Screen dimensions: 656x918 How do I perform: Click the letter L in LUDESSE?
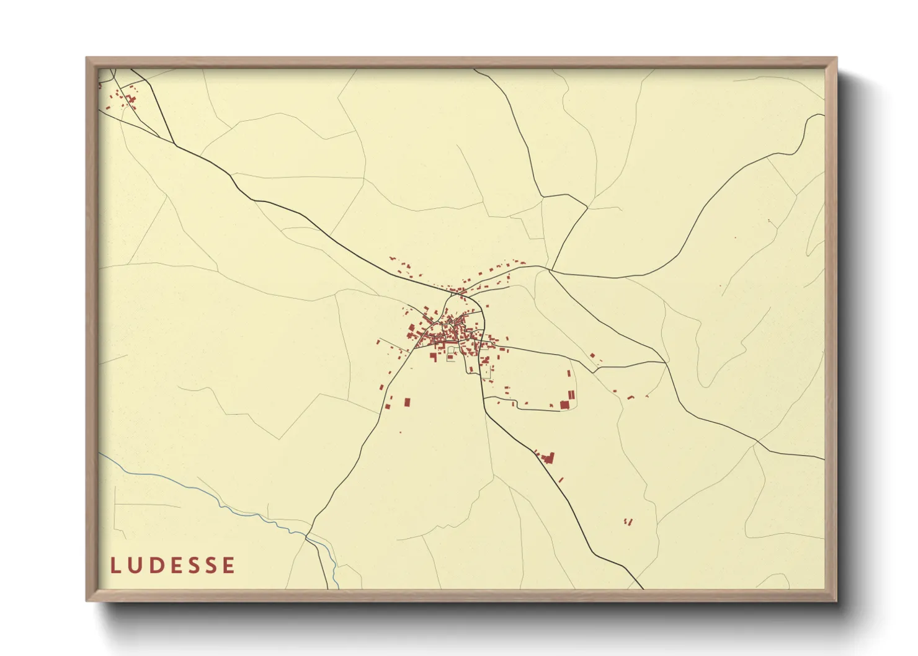click(115, 565)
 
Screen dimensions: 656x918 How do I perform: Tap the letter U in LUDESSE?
click(134, 565)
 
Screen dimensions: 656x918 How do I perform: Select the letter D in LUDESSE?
click(155, 565)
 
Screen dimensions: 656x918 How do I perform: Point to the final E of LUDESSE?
click(229, 565)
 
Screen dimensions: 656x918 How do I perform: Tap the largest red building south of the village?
click(548, 458)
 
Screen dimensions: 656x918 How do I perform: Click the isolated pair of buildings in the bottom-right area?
click(628, 521)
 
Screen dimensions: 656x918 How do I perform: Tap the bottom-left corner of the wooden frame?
click(87, 600)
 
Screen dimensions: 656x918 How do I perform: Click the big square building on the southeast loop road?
click(564, 405)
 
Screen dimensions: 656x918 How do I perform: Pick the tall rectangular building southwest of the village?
click(408, 402)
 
